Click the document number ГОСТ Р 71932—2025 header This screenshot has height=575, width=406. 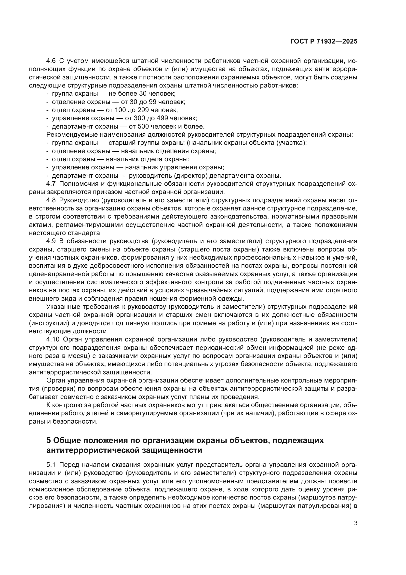tap(324, 42)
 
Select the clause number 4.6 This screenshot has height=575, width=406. tap(51, 61)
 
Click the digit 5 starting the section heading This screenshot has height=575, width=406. tap(49, 440)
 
